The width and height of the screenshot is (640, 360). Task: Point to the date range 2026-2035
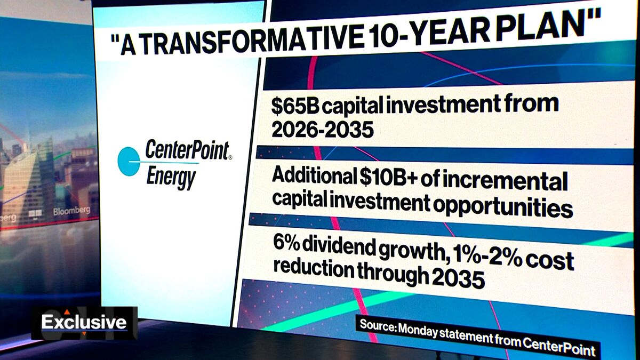[x=322, y=129]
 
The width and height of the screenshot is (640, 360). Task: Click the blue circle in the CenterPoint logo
[x=127, y=162]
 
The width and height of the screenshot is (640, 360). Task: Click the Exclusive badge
[x=84, y=322]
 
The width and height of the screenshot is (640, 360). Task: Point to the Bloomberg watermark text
[x=71, y=211]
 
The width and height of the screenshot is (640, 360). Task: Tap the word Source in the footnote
[x=377, y=325]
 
